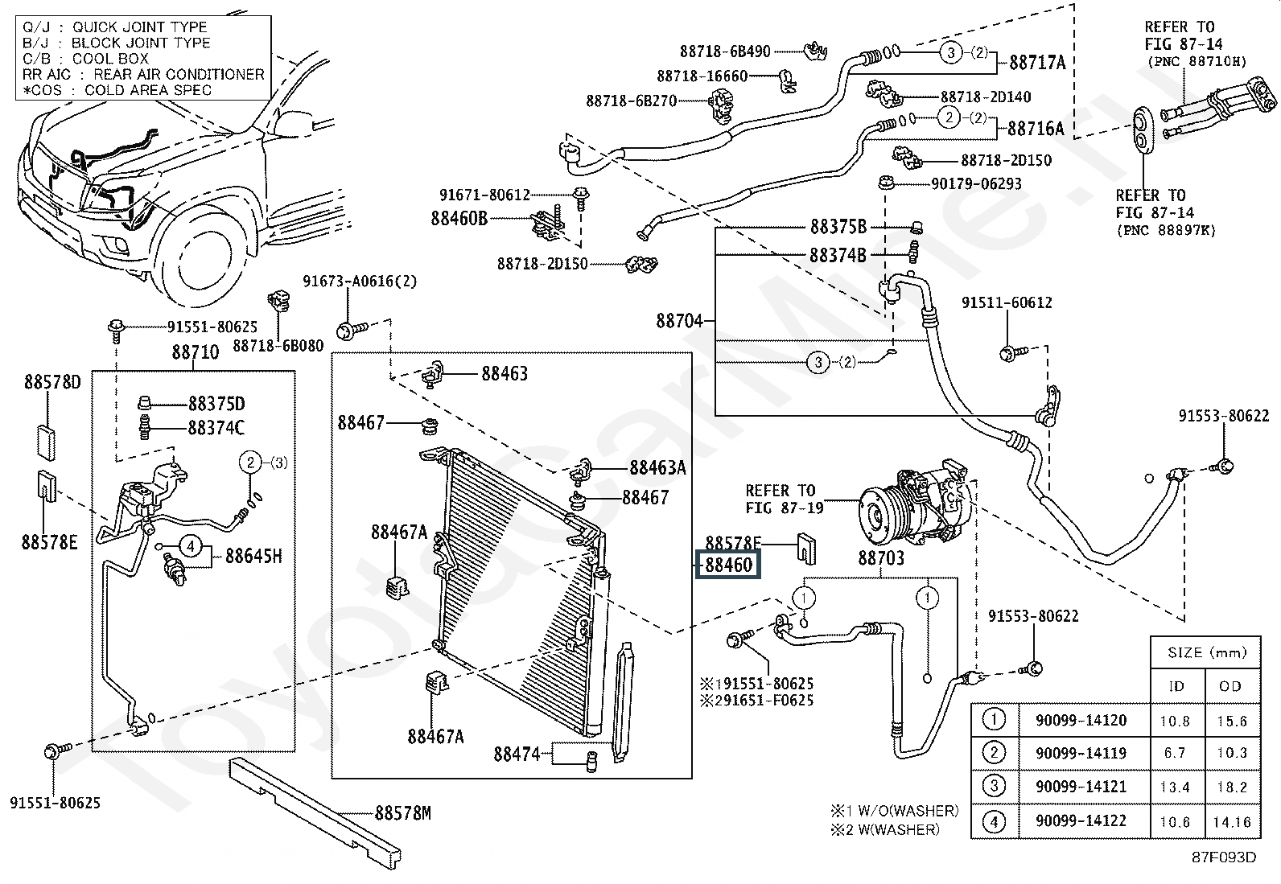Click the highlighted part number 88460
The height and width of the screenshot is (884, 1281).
coord(729,565)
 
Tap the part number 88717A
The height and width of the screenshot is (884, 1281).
coord(1037,62)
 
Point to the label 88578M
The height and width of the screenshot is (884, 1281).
coord(402,813)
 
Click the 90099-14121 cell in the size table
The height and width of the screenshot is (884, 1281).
coord(1081,787)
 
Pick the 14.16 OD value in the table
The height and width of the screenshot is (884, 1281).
coord(1231,821)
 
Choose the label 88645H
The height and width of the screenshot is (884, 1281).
coord(253,556)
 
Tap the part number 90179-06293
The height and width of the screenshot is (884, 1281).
coord(976,184)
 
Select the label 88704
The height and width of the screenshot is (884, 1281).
coord(680,321)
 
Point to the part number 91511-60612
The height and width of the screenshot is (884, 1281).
coord(1007,302)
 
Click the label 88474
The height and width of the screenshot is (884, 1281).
coord(517,754)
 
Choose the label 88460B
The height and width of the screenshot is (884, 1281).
coord(459,218)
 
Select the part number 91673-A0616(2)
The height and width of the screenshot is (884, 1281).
coord(360,282)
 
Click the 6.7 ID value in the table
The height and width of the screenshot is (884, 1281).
coord(1175,753)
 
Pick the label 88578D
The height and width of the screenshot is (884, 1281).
coord(52,382)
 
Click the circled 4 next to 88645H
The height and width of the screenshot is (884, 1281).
coord(191,547)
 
